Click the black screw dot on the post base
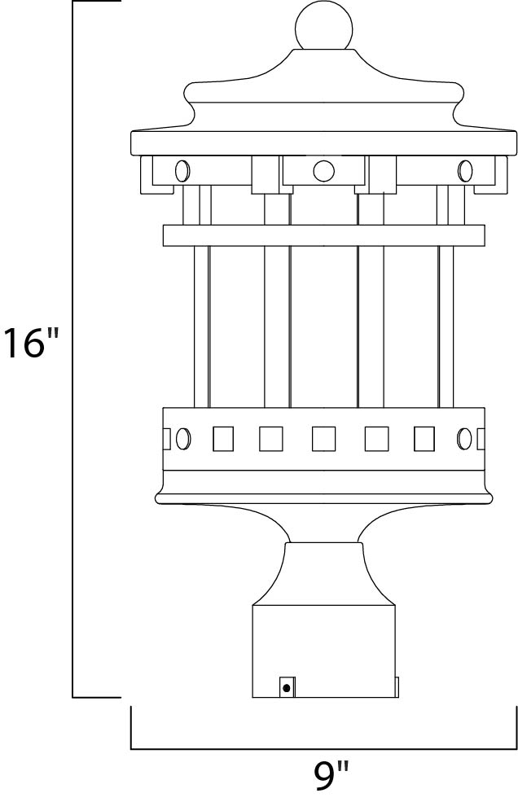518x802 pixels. [x=286, y=688]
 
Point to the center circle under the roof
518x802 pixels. [x=323, y=171]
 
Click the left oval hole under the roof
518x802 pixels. [x=182, y=171]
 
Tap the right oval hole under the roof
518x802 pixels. [x=465, y=171]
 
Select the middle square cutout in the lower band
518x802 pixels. [x=324, y=438]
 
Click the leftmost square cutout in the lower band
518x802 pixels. [x=222, y=438]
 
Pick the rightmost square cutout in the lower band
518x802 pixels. [x=425, y=438]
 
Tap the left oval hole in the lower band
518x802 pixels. [x=184, y=438]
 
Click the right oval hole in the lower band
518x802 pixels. [x=465, y=438]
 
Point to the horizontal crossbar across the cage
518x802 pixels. [x=324, y=234]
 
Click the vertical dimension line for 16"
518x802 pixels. [x=74, y=350]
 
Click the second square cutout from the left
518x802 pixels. [x=271, y=438]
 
